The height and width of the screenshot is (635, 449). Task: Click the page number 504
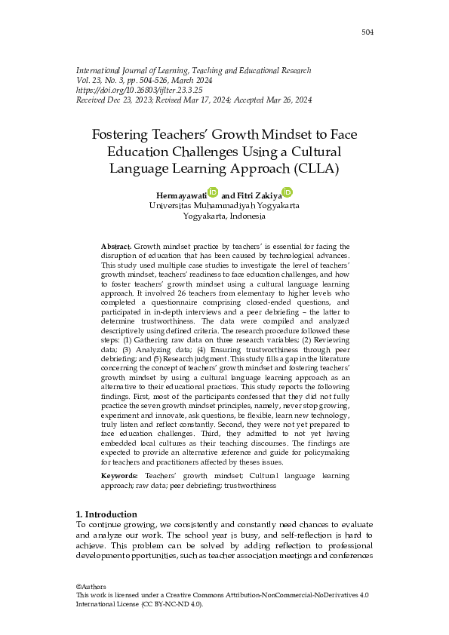tap(367, 32)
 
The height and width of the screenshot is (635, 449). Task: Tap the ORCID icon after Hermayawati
tap(213, 192)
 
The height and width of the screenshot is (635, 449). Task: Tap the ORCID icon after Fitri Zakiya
tap(287, 192)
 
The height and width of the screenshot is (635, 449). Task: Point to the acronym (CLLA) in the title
tap(312, 168)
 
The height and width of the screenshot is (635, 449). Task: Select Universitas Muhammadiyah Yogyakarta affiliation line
tap(224, 205)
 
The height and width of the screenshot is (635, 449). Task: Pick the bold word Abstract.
tap(115, 247)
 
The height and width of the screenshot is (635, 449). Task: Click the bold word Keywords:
tap(119, 477)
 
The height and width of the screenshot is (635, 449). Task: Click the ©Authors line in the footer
tap(91, 587)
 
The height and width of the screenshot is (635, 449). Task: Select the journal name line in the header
tap(194, 70)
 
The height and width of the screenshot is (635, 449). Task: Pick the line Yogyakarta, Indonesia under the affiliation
tap(224, 216)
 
